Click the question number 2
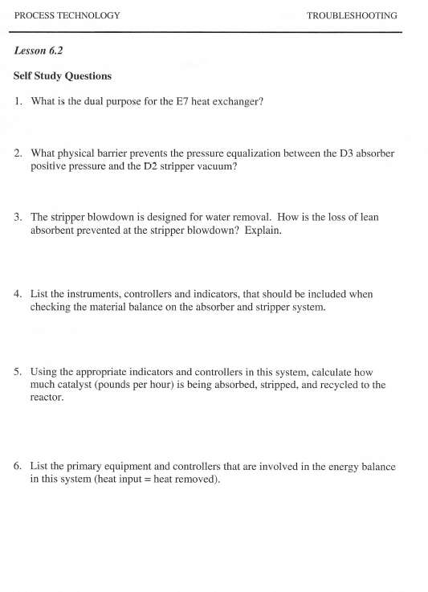coord(18,153)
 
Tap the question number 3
coord(18,217)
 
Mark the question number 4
coord(18,294)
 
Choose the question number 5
coord(18,372)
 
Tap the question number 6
coord(18,466)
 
